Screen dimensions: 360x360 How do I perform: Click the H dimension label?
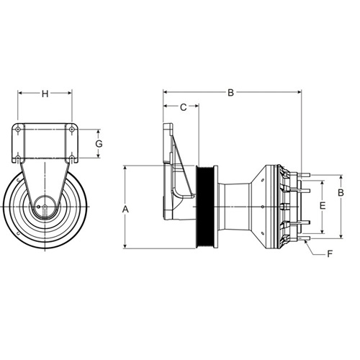tap(45, 94)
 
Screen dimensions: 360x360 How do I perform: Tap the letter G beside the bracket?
tap(99, 144)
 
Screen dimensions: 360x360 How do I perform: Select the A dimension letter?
tap(125, 210)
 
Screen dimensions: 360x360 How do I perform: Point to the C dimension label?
tap(184, 107)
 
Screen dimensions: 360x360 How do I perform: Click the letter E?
tap(323, 206)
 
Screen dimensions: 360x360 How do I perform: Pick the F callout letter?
tap(330, 253)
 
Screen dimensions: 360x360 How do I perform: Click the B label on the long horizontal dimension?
tap(230, 93)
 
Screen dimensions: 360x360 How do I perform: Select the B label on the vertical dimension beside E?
tap(341, 193)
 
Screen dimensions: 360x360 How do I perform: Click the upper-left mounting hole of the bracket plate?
tap(18, 130)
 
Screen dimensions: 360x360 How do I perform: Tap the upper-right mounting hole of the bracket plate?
tap(71, 130)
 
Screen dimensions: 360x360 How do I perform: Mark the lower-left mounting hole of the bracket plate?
tap(18, 158)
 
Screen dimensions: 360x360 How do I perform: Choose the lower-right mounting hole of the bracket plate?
tap(71, 158)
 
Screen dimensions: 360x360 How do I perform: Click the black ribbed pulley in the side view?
tap(204, 207)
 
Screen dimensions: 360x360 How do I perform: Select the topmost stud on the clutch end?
tap(305, 175)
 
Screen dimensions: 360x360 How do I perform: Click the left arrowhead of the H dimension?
tap(20, 93)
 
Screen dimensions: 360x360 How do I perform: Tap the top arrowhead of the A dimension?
tap(125, 168)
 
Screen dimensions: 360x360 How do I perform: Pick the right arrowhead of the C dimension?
tap(197, 106)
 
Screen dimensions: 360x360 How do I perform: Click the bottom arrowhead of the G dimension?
tap(98, 156)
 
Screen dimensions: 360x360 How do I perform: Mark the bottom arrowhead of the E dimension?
tap(323, 231)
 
